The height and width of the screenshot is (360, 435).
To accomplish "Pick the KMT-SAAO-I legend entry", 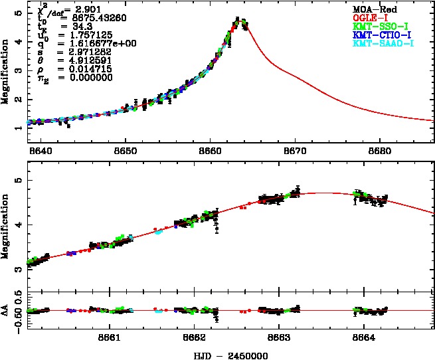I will point(383,43).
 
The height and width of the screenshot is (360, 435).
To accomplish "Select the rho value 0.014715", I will point(84,68).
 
